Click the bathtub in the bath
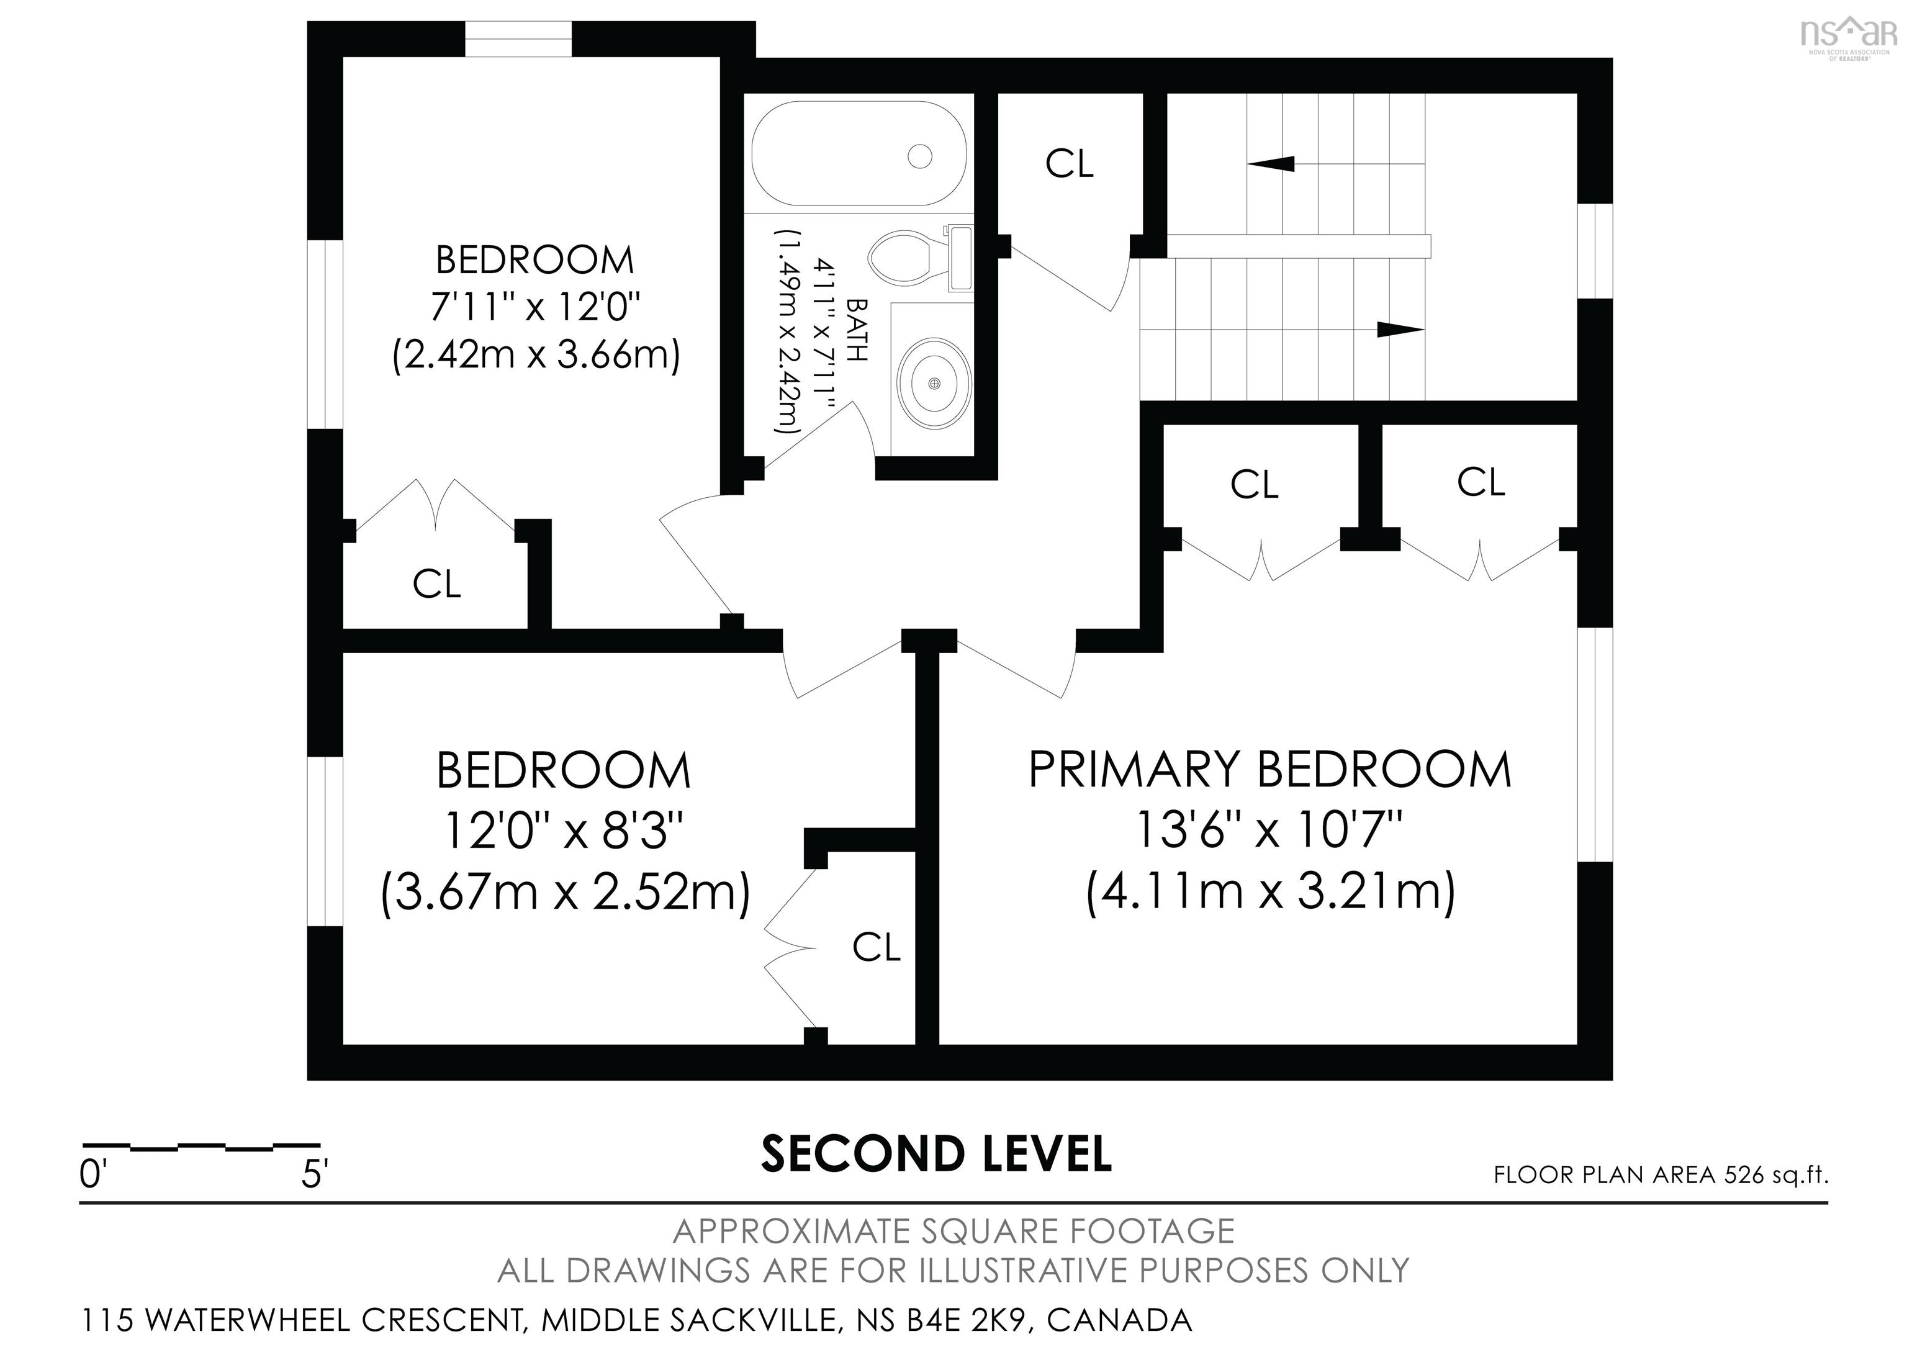tap(859, 154)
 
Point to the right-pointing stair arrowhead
tap(1400, 330)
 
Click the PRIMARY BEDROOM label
tap(1270, 769)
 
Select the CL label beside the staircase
tap(1070, 164)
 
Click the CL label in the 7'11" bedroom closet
tap(437, 584)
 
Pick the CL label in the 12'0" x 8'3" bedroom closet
tap(877, 947)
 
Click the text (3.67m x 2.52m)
tap(566, 892)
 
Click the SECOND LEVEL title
tap(937, 1155)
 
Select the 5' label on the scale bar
tap(315, 1175)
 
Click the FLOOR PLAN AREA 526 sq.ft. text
tap(1661, 1174)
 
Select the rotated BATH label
tap(857, 330)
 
